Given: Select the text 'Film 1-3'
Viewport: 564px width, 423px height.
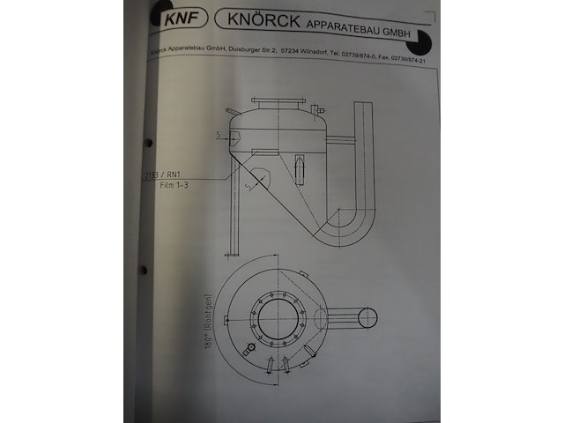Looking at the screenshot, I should [174, 187].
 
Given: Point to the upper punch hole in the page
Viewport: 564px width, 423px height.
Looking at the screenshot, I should [148, 142].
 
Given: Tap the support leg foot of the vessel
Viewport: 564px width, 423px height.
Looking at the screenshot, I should [232, 254].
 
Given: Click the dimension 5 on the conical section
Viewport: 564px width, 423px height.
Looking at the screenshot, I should [249, 187].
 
